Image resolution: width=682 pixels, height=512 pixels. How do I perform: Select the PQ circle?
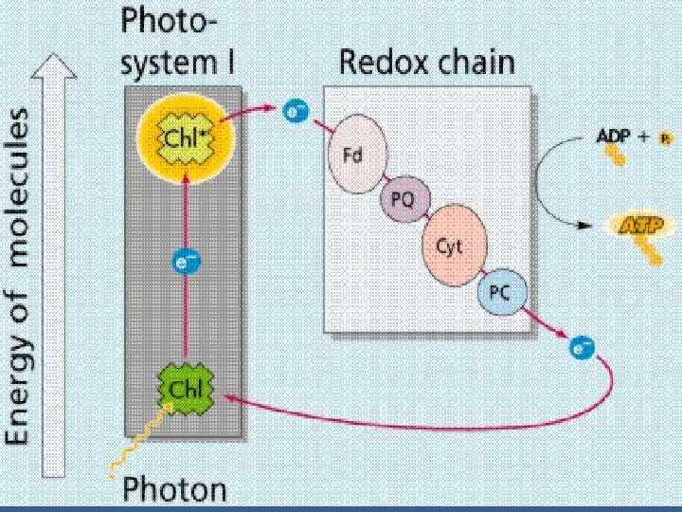pos(400,199)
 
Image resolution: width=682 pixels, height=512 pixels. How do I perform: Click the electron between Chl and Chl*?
pos(186,262)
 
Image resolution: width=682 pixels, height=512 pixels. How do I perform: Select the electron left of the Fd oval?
pos(296,115)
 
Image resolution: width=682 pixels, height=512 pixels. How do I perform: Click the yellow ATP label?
pos(641,225)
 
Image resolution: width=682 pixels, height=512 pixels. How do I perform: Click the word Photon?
pos(177,489)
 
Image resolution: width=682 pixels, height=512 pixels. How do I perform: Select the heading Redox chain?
pos(426,64)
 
